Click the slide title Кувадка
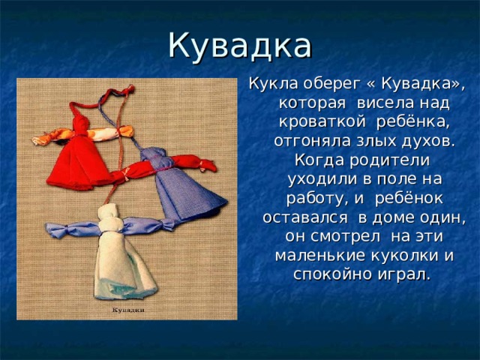coord(240,45)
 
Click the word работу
coord(307,199)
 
